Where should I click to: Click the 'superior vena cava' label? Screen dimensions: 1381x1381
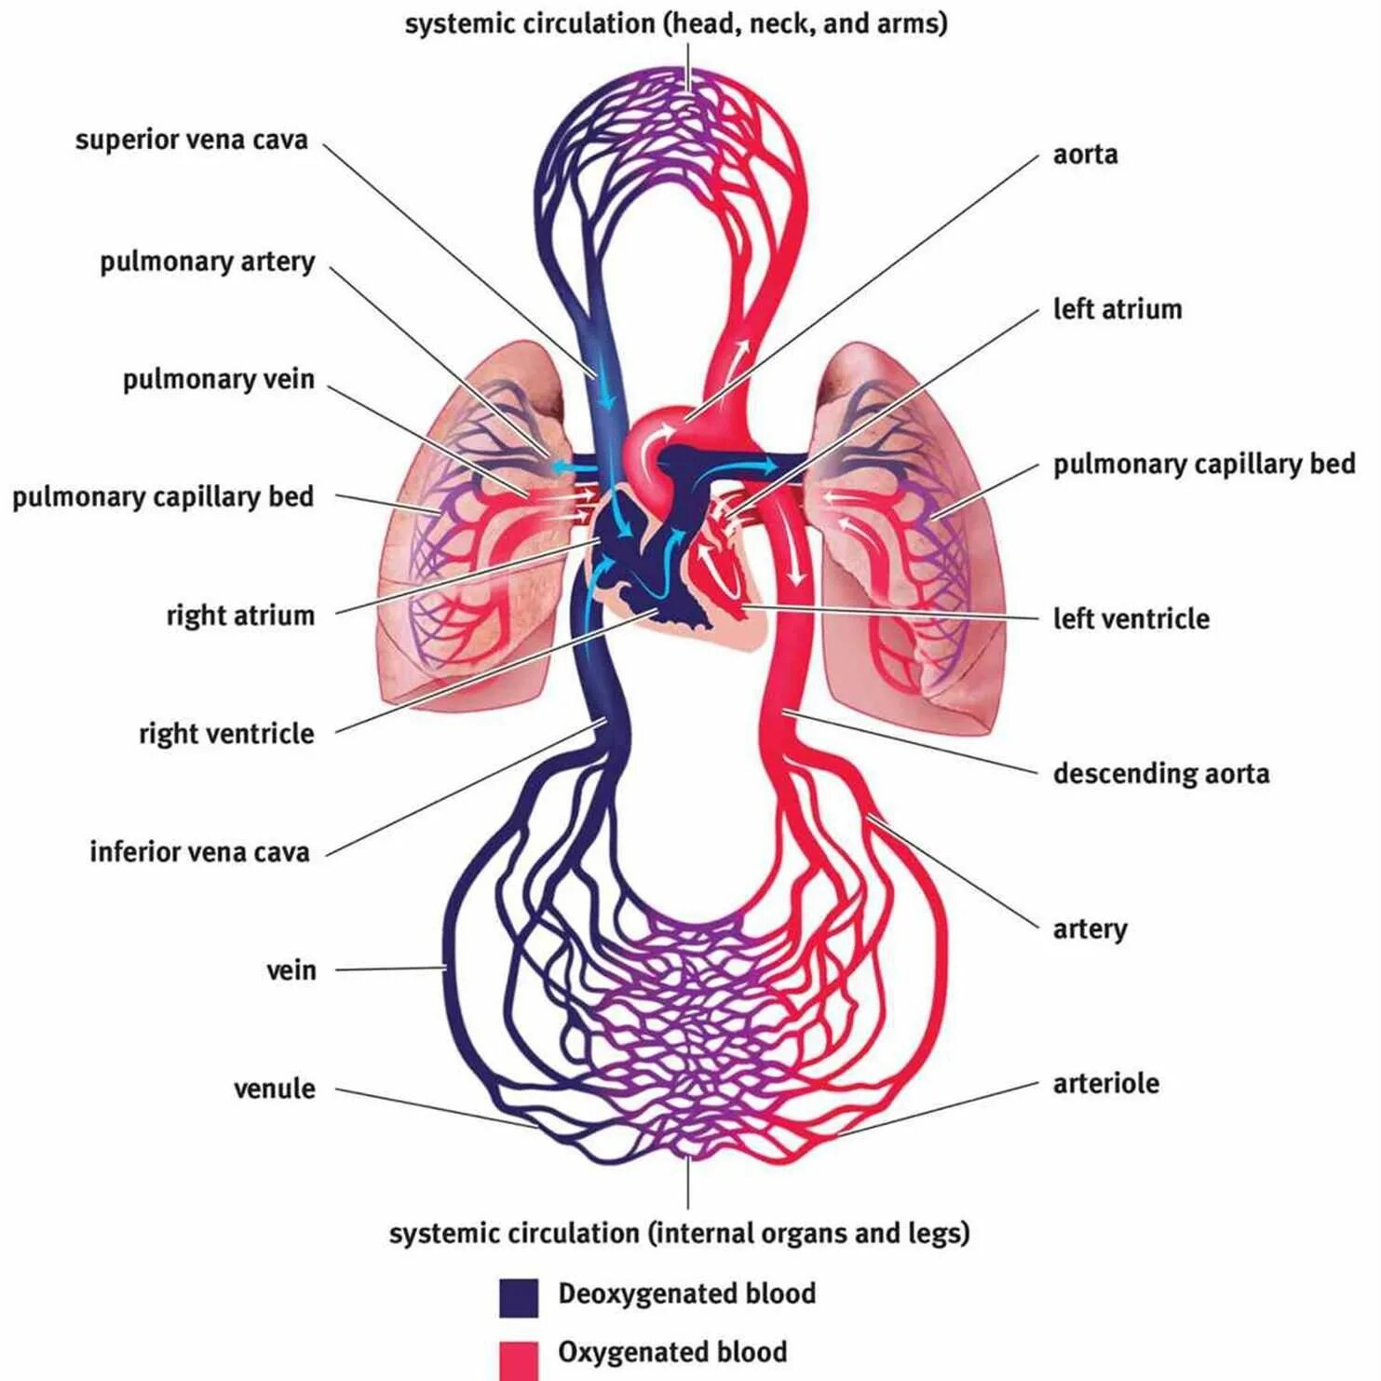[191, 141]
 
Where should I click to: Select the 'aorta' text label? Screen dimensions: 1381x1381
[1085, 155]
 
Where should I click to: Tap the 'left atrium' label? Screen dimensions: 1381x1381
[1117, 309]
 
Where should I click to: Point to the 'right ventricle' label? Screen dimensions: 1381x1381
[226, 734]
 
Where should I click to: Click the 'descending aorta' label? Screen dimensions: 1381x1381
[1160, 774]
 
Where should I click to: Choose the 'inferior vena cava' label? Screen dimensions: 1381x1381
[199, 852]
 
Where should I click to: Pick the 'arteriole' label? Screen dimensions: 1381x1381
[1105, 1084]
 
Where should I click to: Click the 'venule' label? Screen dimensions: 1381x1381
[274, 1089]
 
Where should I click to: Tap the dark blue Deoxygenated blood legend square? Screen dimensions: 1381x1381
[519, 1297]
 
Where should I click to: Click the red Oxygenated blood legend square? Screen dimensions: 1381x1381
[519, 1359]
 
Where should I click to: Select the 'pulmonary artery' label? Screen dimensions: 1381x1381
[207, 263]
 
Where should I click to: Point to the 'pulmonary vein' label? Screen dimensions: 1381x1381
[218, 380]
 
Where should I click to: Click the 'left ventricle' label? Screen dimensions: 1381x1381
[1131, 619]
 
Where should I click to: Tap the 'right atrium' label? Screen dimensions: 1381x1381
[240, 616]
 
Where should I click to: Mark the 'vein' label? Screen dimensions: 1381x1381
[291, 970]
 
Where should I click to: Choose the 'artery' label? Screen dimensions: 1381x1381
[1090, 929]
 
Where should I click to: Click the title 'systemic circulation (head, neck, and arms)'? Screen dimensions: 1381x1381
[675, 23]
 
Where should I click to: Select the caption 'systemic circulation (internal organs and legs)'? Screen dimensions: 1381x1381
[679, 1234]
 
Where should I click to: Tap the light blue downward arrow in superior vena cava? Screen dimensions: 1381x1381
[605, 389]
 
